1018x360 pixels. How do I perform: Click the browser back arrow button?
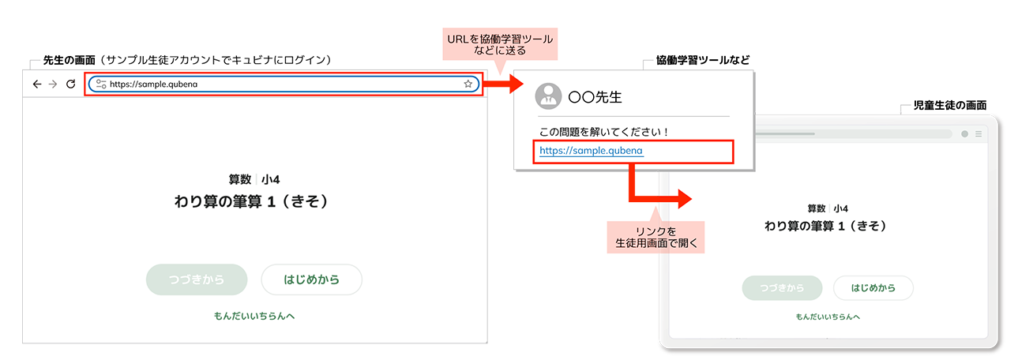[36, 84]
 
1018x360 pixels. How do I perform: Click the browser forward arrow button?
[53, 84]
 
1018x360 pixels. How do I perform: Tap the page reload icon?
[70, 84]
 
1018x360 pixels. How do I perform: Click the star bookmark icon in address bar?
[468, 84]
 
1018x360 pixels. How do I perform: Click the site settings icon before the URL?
[100, 84]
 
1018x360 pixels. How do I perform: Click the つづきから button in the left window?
[197, 279]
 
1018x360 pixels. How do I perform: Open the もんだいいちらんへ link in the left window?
[254, 316]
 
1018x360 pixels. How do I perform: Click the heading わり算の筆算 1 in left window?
[250, 202]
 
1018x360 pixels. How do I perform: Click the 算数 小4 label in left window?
[254, 179]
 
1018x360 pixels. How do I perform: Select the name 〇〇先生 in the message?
[595, 98]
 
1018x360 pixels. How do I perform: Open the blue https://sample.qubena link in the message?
[592, 149]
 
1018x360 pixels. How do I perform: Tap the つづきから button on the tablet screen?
[782, 288]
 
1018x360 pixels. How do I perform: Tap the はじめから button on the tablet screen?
[873, 288]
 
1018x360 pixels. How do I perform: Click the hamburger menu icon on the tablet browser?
[979, 134]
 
